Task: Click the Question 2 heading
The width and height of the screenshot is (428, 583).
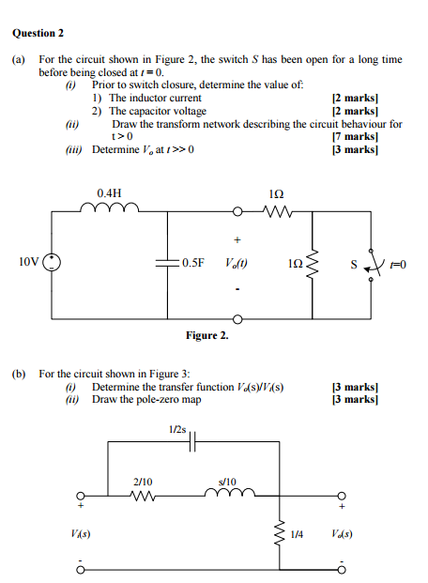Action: pyautogui.click(x=38, y=33)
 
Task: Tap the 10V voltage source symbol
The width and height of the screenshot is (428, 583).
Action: pyautogui.click(x=52, y=262)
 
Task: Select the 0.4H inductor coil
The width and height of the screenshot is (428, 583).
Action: pyautogui.click(x=110, y=207)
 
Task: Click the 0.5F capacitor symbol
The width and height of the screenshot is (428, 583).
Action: pyautogui.click(x=168, y=263)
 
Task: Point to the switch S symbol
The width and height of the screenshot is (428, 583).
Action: pyautogui.click(x=373, y=265)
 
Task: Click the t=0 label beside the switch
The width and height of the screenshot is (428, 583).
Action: pyautogui.click(x=398, y=265)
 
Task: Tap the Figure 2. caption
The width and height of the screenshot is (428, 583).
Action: pyautogui.click(x=207, y=335)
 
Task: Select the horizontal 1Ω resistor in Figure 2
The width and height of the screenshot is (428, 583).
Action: pyautogui.click(x=278, y=212)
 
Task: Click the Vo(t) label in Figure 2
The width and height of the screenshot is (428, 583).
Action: pyautogui.click(x=237, y=263)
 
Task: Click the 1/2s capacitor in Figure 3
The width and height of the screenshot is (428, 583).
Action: pyautogui.click(x=192, y=441)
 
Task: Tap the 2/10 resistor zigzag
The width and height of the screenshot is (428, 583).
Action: pyautogui.click(x=143, y=496)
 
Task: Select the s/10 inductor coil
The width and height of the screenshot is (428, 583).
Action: pyautogui.click(x=230, y=492)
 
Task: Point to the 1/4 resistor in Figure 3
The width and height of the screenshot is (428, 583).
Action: pyautogui.click(x=280, y=534)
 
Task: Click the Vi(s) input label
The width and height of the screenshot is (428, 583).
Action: pyautogui.click(x=81, y=534)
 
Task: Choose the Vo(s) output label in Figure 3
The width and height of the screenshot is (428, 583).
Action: pyautogui.click(x=342, y=534)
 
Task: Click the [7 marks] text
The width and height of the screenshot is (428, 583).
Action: pyautogui.click(x=355, y=136)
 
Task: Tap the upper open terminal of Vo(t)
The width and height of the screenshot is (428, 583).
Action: pyautogui.click(x=237, y=212)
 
